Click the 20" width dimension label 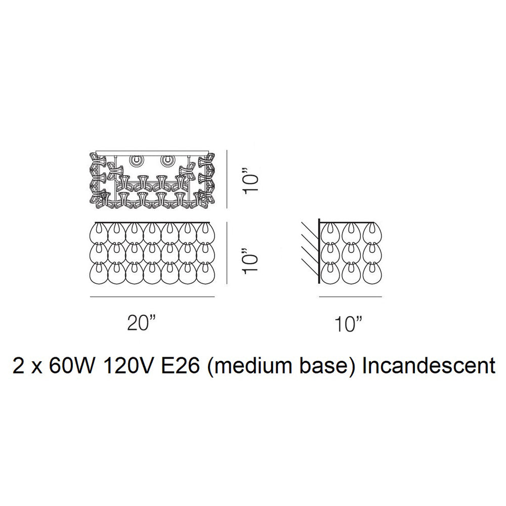141,323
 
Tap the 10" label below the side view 349,324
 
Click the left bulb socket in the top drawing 136,160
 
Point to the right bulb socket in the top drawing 167,160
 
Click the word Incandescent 429,366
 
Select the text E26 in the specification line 180,366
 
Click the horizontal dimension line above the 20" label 152,297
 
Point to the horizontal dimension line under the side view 351,297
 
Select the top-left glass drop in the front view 98,233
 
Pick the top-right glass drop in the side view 372,233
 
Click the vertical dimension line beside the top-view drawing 228,179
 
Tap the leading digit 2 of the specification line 18,366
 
